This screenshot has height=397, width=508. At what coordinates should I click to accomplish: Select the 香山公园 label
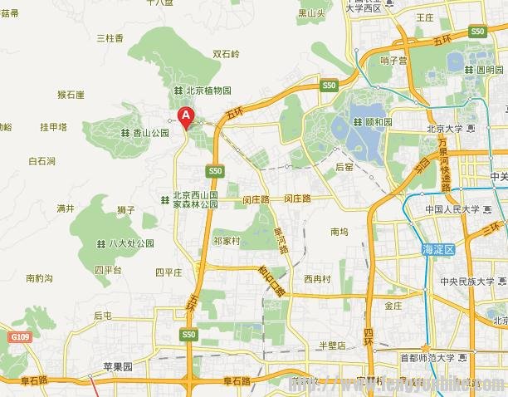click(x=151, y=132)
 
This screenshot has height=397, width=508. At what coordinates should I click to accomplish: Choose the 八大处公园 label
click(x=131, y=243)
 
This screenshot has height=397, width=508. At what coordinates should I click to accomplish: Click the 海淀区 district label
click(x=438, y=249)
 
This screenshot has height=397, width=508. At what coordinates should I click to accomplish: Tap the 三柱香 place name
click(x=110, y=38)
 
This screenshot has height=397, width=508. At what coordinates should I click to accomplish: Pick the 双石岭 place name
click(x=226, y=54)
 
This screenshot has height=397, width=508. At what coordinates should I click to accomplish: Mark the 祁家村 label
click(x=226, y=241)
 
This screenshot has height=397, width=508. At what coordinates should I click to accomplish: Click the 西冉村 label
click(x=317, y=278)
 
